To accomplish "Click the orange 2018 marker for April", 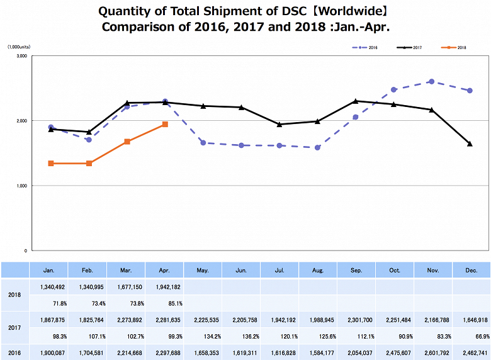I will pyautogui.click(x=165, y=125).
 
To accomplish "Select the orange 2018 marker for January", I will pyautogui.click(x=51, y=164).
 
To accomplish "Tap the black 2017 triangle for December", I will pyautogui.click(x=470, y=144).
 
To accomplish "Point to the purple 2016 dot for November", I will pyautogui.click(x=431, y=81).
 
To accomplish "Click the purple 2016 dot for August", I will pyautogui.click(x=317, y=148).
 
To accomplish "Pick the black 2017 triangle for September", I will pyautogui.click(x=356, y=101).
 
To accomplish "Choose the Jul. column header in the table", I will pyautogui.click(x=279, y=270).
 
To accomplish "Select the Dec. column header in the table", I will pyautogui.click(x=471, y=270).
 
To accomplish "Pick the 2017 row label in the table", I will pyautogui.click(x=15, y=327).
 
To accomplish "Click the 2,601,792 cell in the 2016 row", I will pyautogui.click(x=432, y=352).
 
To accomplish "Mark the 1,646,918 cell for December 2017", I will pyautogui.click(x=471, y=320).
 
